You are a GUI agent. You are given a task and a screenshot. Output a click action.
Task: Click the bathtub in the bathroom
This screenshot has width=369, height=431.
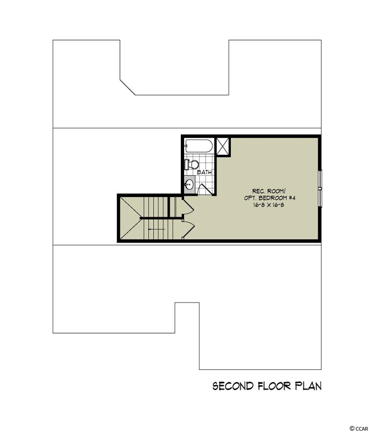[x=199, y=145]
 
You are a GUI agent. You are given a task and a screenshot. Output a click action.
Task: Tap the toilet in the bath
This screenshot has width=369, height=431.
[x=192, y=164]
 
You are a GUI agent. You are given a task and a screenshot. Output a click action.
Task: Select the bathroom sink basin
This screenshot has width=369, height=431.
[x=189, y=184]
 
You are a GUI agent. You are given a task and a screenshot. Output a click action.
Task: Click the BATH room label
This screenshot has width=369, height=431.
[x=204, y=172]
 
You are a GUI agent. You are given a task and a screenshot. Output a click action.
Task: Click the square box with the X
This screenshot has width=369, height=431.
[x=223, y=147]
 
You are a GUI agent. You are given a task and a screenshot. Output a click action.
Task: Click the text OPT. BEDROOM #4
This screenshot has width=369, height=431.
[x=269, y=198]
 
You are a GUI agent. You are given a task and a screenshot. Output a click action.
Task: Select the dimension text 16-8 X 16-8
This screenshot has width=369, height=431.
[x=269, y=205]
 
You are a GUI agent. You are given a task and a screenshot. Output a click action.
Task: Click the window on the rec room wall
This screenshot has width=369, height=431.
[x=320, y=188]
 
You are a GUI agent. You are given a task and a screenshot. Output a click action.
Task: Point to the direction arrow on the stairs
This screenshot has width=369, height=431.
[x=157, y=229]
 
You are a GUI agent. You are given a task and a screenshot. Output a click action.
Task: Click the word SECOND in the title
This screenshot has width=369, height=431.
[x=233, y=386]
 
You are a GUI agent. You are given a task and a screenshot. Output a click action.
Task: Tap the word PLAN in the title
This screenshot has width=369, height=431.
[x=308, y=386]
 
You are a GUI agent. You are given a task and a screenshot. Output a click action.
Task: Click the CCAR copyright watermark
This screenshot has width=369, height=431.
[x=359, y=428]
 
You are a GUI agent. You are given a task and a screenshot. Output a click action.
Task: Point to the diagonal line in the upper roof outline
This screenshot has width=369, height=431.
[x=127, y=88]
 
